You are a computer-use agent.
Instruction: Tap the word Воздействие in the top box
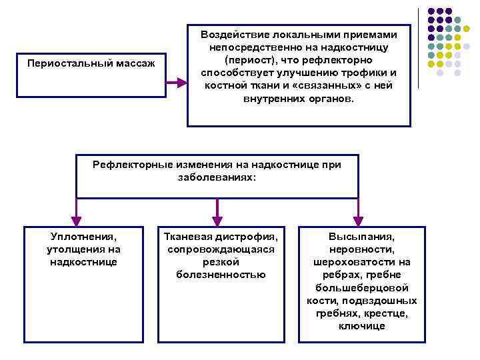[x=234, y=35]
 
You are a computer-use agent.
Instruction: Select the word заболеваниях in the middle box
[x=215, y=178]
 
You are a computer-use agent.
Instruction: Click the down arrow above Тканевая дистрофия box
[x=216, y=215]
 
